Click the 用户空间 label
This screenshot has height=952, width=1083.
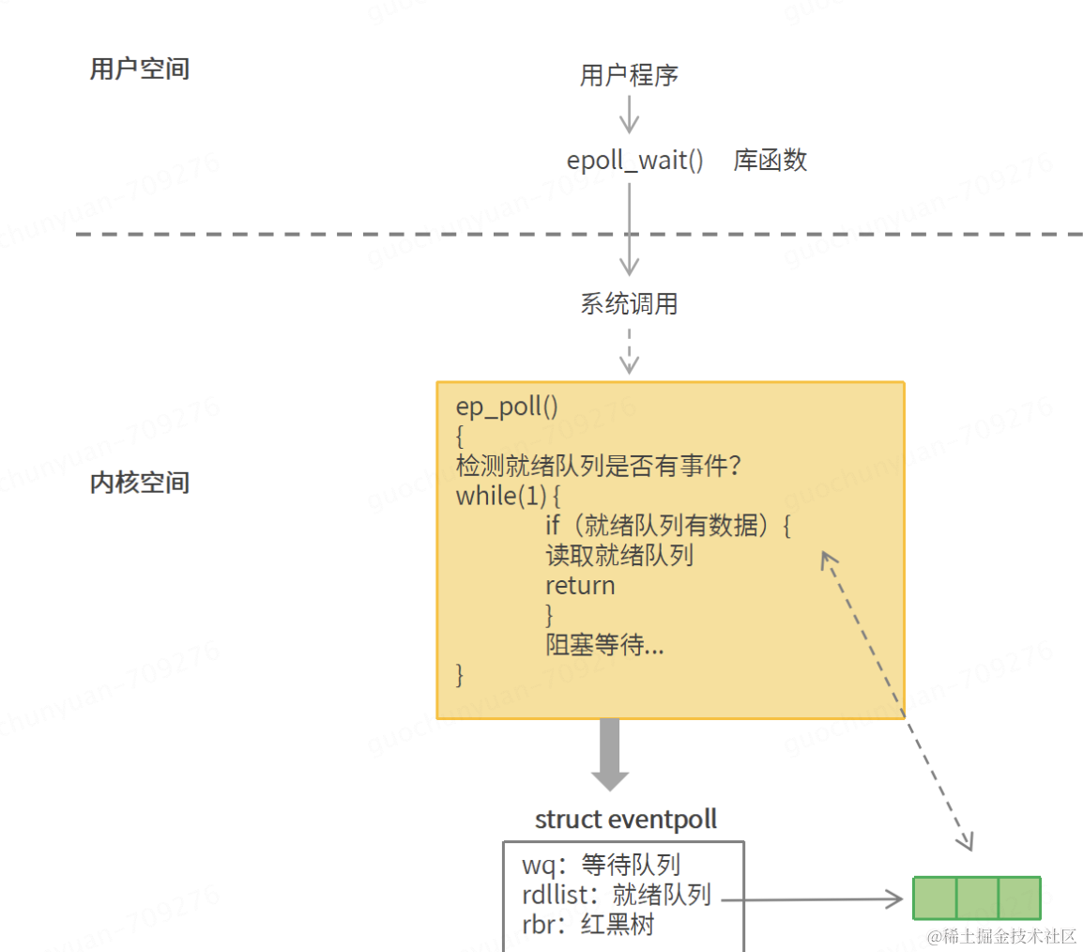(x=140, y=69)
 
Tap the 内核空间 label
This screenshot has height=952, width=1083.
(x=140, y=483)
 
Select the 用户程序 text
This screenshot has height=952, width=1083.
(x=629, y=74)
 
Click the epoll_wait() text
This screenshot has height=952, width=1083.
(x=634, y=161)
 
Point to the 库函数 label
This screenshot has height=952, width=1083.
(x=770, y=161)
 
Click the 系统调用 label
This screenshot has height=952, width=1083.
(x=629, y=304)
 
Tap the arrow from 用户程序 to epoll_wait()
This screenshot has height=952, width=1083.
(x=629, y=114)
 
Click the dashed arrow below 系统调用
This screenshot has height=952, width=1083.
(x=629, y=351)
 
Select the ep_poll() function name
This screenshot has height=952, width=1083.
(x=507, y=407)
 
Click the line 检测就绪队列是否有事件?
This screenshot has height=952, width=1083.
(x=598, y=466)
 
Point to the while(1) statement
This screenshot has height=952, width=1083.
(x=508, y=496)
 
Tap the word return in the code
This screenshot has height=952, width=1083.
(x=580, y=586)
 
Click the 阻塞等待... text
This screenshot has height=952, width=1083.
(x=604, y=645)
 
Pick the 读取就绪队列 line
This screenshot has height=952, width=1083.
(x=619, y=556)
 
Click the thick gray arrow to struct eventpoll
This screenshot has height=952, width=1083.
(x=610, y=755)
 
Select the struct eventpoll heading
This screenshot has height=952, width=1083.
(x=626, y=820)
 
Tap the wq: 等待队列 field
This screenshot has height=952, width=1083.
(x=601, y=865)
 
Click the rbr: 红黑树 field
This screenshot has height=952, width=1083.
(x=587, y=925)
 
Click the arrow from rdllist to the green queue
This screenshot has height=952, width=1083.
(x=813, y=899)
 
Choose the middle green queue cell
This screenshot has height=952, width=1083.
(x=977, y=898)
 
